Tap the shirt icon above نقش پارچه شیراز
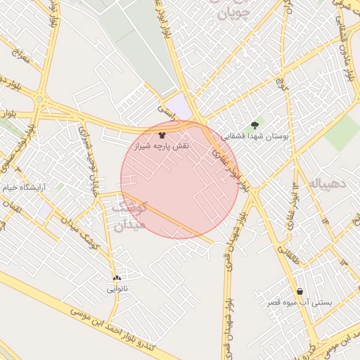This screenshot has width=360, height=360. coord(162,134)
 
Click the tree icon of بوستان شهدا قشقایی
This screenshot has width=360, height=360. coord(255,125)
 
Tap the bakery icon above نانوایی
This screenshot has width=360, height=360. coord(117,278)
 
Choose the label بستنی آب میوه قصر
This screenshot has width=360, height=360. coord(300,302)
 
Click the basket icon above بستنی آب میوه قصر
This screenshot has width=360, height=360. coord(300,292)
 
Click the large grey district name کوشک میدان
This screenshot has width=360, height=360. coord(129,215)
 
